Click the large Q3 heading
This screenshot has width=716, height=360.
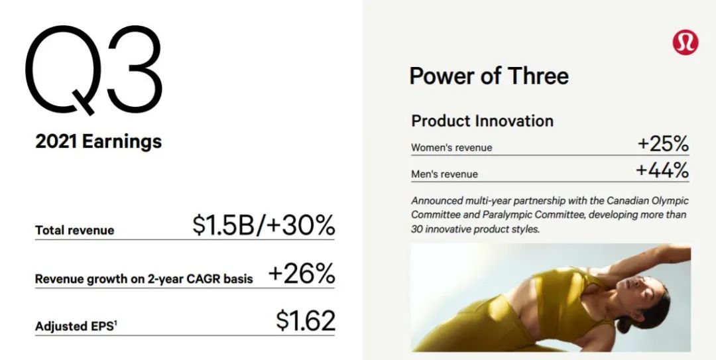pos(93,70)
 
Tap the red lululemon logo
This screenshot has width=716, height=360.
pos(685,42)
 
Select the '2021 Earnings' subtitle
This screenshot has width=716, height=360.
pos(98,142)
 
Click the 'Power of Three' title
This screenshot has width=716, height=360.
pos(489,76)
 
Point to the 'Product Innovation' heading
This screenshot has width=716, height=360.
pos(482,121)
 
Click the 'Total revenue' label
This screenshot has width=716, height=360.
pos(74,230)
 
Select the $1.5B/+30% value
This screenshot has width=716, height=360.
pos(263,225)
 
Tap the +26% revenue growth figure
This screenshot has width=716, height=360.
pos(302,273)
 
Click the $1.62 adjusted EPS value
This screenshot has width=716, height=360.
pos(306,320)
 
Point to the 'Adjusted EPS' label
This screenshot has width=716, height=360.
pos(76,327)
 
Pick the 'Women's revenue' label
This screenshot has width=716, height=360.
pos(451,148)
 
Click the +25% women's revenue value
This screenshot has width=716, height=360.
pos(663,145)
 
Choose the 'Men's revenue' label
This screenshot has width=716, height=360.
pos(444,174)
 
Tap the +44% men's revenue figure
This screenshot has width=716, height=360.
pos(662,171)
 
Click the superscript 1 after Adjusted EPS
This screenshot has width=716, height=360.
pos(115,323)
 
